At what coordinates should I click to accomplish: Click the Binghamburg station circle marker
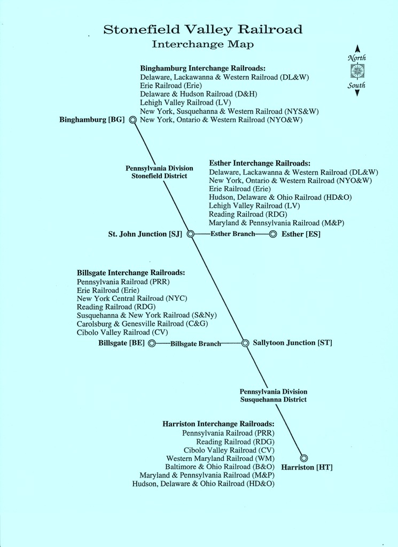click(132, 120)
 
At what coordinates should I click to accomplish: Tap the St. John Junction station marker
click(191, 234)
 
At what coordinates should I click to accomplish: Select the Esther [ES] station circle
click(273, 234)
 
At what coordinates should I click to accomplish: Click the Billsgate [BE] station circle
click(152, 343)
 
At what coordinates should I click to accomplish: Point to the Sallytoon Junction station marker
click(245, 343)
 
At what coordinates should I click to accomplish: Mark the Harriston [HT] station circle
click(304, 458)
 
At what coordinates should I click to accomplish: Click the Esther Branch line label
click(233, 234)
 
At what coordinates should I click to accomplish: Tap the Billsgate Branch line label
click(196, 343)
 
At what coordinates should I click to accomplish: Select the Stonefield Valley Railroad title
click(202, 30)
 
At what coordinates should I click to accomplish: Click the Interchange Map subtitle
click(202, 44)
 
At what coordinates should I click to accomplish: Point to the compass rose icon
click(357, 71)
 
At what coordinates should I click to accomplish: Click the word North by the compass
click(357, 58)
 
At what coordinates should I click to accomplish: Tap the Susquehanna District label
click(274, 400)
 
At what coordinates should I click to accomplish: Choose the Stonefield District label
click(159, 176)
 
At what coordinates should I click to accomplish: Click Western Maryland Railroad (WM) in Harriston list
click(221, 458)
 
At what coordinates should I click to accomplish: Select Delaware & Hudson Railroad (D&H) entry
click(199, 94)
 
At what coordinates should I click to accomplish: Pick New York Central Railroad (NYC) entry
click(132, 299)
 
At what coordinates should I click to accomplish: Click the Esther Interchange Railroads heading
click(260, 163)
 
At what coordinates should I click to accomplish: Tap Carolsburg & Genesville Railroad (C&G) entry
click(142, 324)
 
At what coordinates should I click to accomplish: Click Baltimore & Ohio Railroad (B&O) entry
click(220, 467)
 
